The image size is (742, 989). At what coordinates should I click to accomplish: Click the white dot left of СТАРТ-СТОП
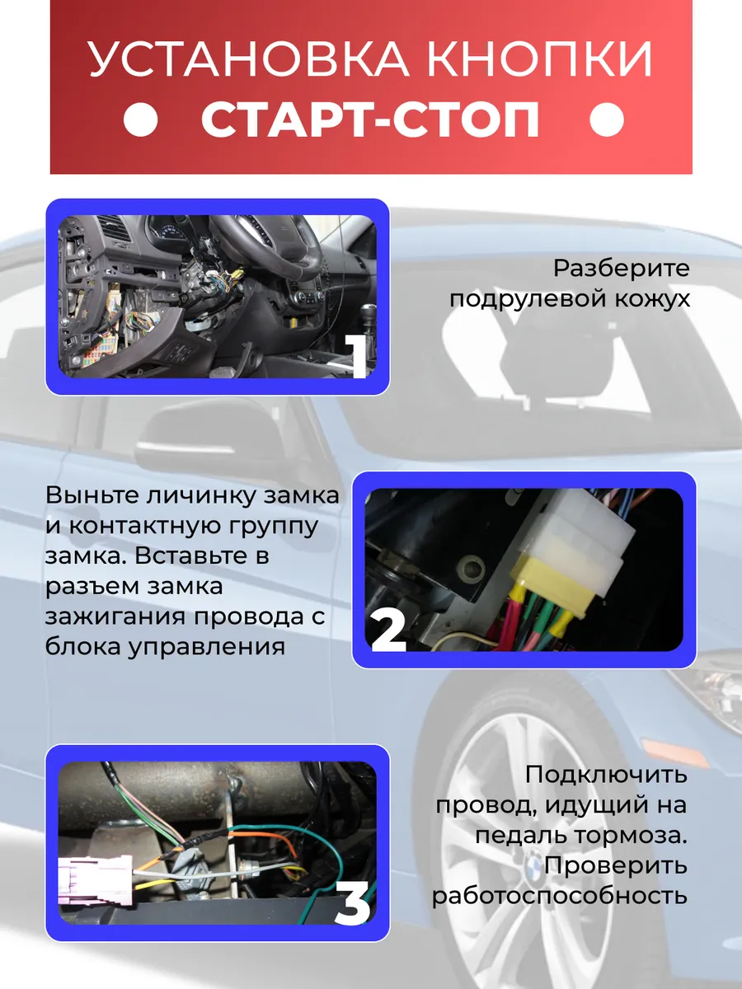[x=140, y=121]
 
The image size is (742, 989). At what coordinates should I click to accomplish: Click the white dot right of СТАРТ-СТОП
[x=608, y=121]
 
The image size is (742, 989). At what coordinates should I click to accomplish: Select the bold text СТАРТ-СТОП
[x=371, y=121]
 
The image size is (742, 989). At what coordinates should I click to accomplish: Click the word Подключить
[x=606, y=776]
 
